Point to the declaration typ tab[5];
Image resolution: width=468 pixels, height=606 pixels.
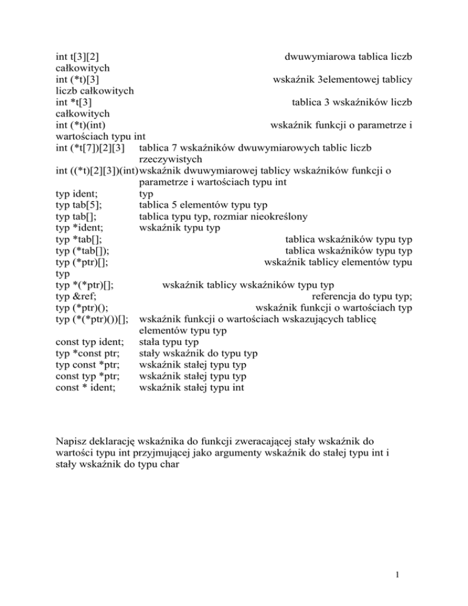pos(79,204)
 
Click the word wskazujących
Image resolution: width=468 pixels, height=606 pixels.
pos(299,319)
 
